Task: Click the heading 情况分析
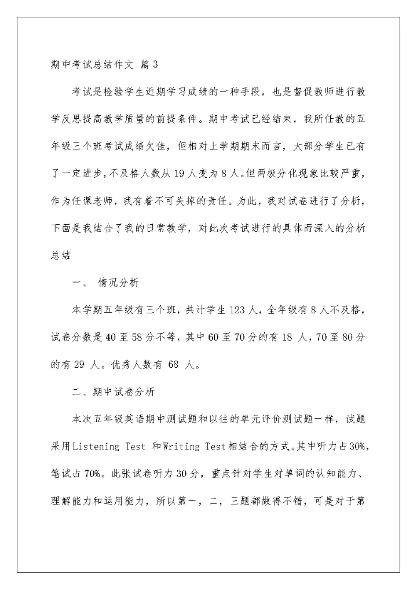(x=119, y=283)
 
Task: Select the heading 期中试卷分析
(x=123, y=392)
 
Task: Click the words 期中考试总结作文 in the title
(x=92, y=65)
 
